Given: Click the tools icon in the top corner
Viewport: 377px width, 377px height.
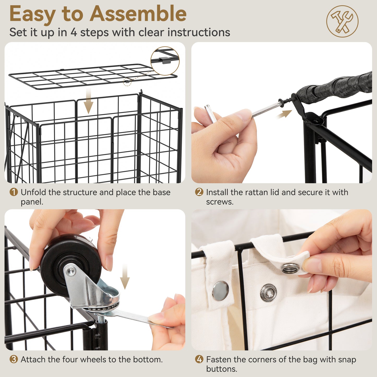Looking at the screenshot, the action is (342, 21).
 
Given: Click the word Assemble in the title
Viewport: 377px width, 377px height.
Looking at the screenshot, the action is (138, 14).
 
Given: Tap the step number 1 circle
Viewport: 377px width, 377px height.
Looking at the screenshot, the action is (14, 192).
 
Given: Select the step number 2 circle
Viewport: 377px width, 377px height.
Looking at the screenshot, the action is (199, 192).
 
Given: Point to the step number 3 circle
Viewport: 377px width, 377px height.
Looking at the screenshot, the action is (14, 360).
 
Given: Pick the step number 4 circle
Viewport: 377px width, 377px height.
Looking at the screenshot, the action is (199, 360).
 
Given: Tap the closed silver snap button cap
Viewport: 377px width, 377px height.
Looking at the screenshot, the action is (220, 291).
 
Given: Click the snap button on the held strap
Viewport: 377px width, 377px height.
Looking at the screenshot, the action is (290, 268).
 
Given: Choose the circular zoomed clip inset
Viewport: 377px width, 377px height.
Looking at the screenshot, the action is (165, 61).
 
